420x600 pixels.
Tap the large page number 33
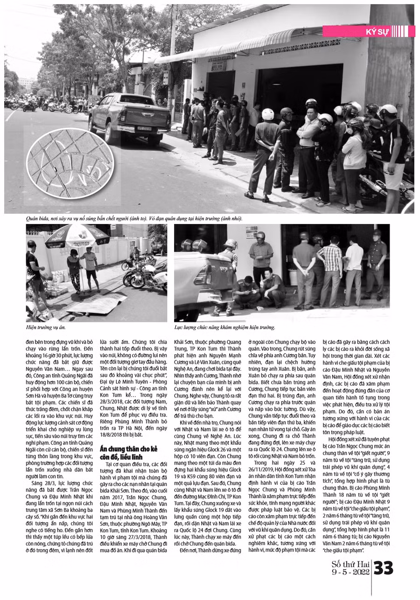pos(384,569)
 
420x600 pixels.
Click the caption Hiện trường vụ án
pos(46,328)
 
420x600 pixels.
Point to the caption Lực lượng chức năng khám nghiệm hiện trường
pos(225,328)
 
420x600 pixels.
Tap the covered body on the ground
pos(96,304)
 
